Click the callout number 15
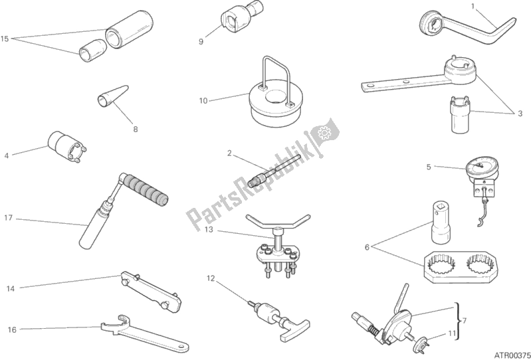coord(5,39)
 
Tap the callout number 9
coord(201,42)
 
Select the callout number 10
coord(203,101)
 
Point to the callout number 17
coord(8,218)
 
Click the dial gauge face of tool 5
coord(477,165)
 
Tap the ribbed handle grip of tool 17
coord(145,190)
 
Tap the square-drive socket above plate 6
coord(441,222)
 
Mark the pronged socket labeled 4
coord(66,147)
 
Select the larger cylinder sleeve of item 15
coord(129,29)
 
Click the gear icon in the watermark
coord(324,132)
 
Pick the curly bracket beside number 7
coord(457,321)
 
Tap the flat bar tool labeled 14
coord(151,292)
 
